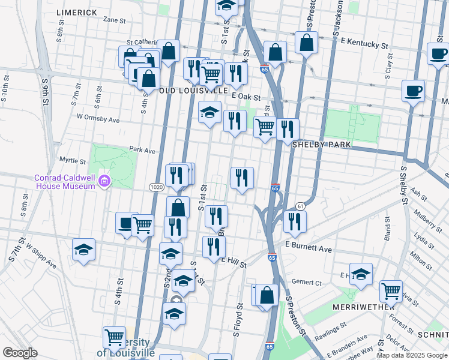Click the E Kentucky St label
click(x=365, y=44)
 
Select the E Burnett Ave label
click(x=309, y=247)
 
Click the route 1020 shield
click(x=156, y=187)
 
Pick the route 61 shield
click(x=300, y=207)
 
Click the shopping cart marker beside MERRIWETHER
click(x=391, y=291)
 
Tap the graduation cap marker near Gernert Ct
click(x=361, y=274)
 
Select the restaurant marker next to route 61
click(x=295, y=220)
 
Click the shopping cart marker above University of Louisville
click(x=114, y=337)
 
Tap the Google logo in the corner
click(x=20, y=353)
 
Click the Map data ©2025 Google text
click(x=412, y=355)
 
